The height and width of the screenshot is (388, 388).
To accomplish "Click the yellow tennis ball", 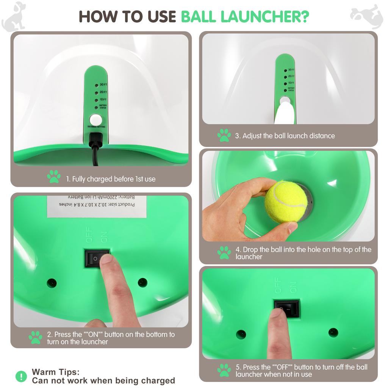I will tap(286, 202).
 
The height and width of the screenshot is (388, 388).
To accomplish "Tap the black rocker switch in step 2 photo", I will tap(96, 258).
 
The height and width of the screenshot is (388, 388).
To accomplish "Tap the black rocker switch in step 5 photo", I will tap(287, 308).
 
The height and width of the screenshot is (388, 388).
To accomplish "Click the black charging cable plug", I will tap(95, 140).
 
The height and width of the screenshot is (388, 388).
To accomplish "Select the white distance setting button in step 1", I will tap(96, 119).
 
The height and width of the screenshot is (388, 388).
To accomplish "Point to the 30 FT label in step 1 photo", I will tap(103, 85).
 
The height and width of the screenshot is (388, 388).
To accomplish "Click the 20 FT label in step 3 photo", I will tap(291, 77).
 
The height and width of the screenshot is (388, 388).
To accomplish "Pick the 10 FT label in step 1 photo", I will tap(103, 99).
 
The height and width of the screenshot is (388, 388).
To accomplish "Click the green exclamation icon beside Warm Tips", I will tap(21, 376).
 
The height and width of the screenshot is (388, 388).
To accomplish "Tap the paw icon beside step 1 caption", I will tap(53, 177).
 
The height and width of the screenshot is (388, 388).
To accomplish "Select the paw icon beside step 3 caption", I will tap(224, 135).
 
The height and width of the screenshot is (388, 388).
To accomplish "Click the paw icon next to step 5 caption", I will tap(224, 370).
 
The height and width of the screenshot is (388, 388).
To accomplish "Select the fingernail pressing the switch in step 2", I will tap(106, 259).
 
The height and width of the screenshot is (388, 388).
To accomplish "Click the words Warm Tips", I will tap(56, 372).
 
